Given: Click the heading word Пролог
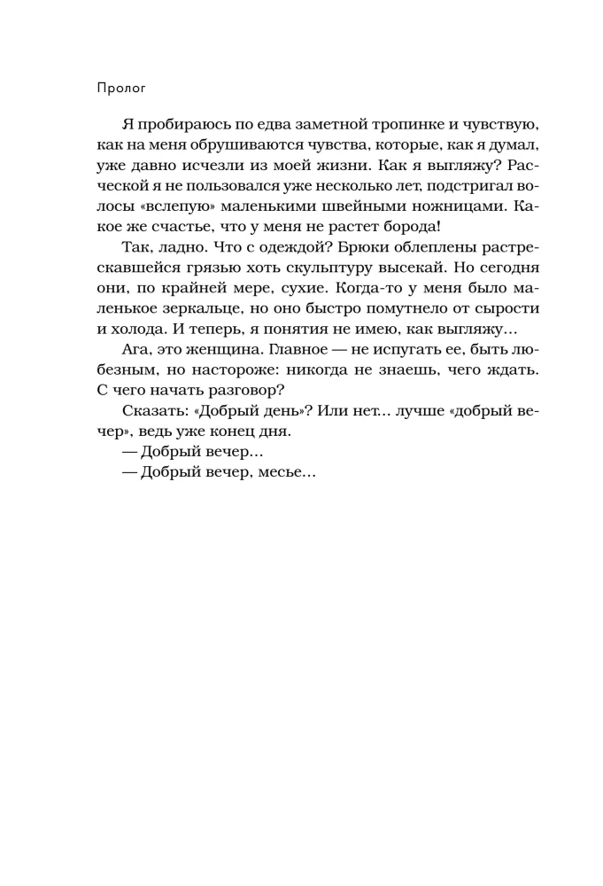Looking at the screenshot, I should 120,89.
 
